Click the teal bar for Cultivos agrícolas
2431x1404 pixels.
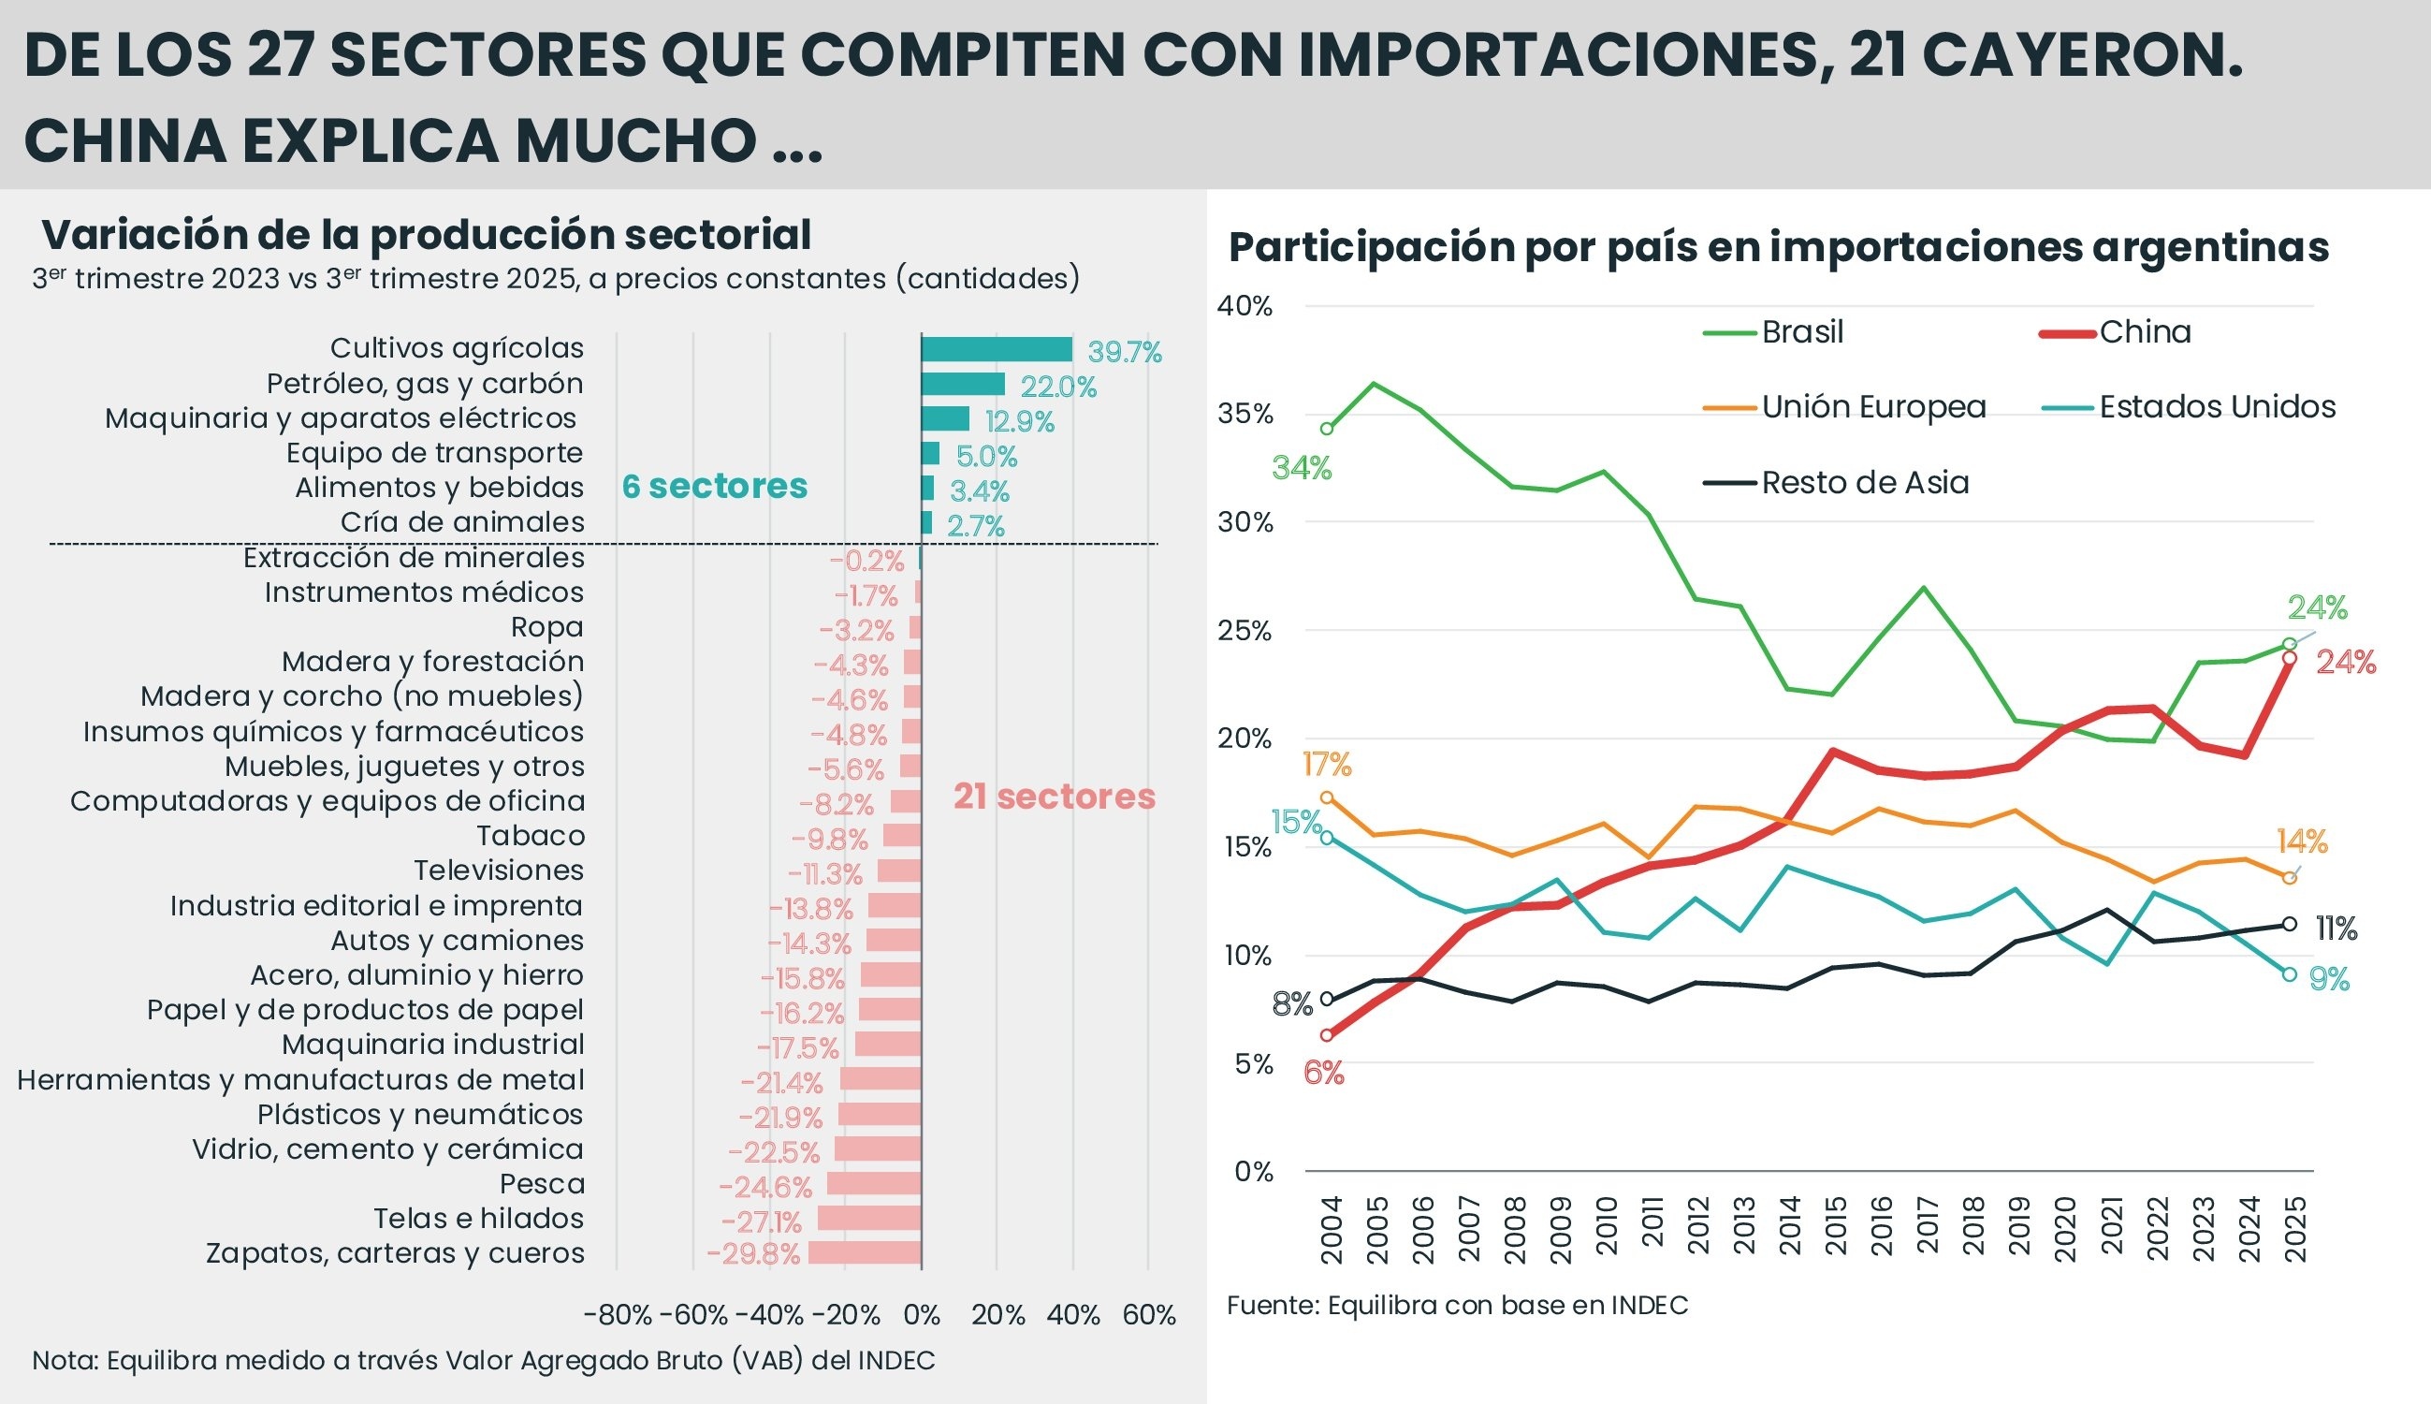(996, 349)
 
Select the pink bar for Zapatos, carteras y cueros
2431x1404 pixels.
(865, 1252)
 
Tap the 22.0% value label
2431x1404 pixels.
(1057, 387)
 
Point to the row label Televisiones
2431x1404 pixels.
(499, 870)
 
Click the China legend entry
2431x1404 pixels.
(2144, 332)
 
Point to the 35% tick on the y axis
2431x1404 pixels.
(1245, 415)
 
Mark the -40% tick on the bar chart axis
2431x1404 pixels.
(768, 1315)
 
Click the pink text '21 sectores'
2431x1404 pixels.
(1054, 797)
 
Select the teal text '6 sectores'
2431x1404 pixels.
(714, 486)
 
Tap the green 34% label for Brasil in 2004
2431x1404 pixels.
(1302, 469)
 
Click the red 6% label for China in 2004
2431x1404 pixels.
(1322, 1073)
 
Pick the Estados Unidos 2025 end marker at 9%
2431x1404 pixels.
(2290, 975)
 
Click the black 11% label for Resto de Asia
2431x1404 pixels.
(2336, 929)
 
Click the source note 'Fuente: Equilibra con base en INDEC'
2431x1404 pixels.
(1457, 1306)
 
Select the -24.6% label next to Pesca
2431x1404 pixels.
(765, 1186)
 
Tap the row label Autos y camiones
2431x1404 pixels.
(457, 940)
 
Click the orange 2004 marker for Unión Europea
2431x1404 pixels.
(1326, 797)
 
